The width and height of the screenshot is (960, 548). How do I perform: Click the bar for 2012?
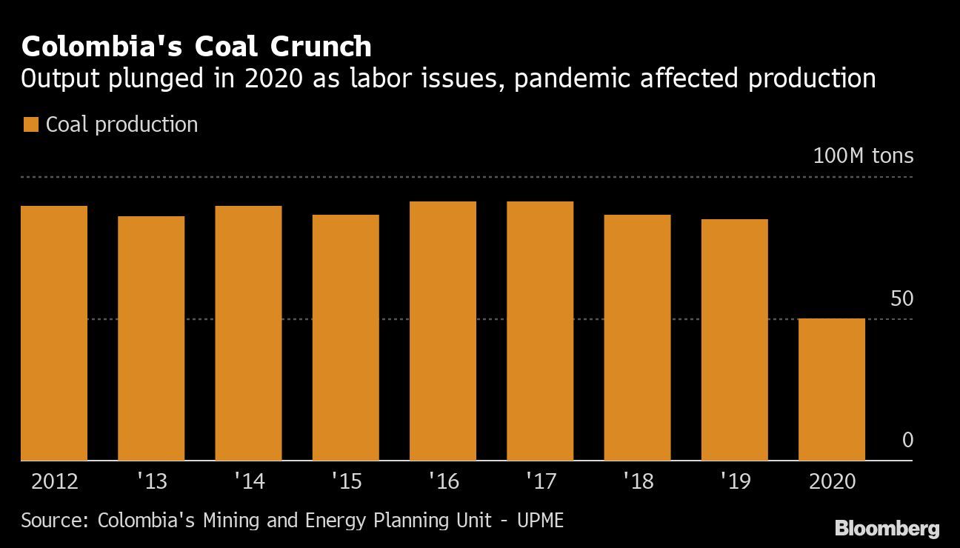pyautogui.click(x=54, y=333)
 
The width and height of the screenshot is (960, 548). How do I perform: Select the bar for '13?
pyautogui.click(x=151, y=338)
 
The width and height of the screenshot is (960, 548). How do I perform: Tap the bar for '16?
pyautogui.click(x=443, y=331)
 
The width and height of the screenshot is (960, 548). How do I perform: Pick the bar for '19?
pyautogui.click(x=734, y=340)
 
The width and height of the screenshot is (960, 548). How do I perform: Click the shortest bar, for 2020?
pyautogui.click(x=832, y=390)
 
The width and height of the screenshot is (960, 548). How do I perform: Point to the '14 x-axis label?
pyautogui.click(x=249, y=481)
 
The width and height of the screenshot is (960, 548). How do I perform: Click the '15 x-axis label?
pyautogui.click(x=346, y=481)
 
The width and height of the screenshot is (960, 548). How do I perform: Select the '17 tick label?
pyautogui.click(x=540, y=481)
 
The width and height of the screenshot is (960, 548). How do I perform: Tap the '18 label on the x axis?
pyautogui.click(x=638, y=481)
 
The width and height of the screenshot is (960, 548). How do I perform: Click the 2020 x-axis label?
pyautogui.click(x=832, y=481)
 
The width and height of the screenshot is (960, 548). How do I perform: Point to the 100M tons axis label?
pyautogui.click(x=863, y=156)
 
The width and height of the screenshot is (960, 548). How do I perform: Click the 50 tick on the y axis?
pyautogui.click(x=901, y=298)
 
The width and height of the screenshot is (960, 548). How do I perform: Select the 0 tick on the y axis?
pyautogui.click(x=907, y=441)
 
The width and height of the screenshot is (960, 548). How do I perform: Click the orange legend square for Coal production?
pyautogui.click(x=30, y=125)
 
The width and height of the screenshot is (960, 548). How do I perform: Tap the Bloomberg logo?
pyautogui.click(x=887, y=529)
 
